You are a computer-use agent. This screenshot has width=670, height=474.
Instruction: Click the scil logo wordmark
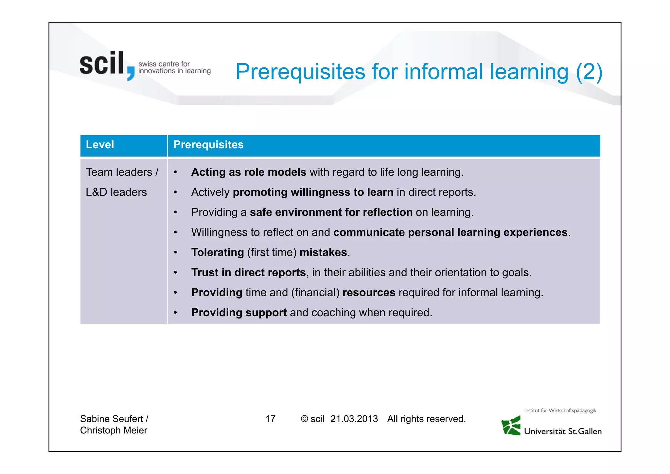click(x=102, y=64)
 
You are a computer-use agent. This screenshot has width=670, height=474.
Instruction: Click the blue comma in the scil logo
click(x=131, y=73)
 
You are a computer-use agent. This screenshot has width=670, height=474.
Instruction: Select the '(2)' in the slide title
click(x=589, y=72)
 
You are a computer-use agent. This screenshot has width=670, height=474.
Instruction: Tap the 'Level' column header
click(x=100, y=145)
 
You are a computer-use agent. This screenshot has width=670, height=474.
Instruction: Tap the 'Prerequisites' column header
click(x=208, y=145)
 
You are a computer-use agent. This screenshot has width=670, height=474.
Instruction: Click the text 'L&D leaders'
click(x=116, y=192)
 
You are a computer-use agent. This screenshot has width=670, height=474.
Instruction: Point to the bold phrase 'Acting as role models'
click(x=249, y=172)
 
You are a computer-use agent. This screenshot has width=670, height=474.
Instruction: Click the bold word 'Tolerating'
click(x=218, y=252)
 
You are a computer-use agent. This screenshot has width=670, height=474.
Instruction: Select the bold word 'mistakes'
click(x=323, y=252)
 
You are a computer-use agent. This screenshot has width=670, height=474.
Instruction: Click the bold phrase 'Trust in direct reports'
click(x=248, y=272)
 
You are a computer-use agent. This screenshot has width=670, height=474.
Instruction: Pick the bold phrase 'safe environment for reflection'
click(x=331, y=212)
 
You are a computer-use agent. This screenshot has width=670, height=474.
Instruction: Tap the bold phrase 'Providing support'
click(x=239, y=313)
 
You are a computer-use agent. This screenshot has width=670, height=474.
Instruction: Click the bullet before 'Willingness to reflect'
click(x=175, y=232)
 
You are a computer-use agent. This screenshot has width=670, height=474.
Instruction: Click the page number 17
click(x=270, y=419)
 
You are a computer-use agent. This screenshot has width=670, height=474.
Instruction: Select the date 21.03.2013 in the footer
click(x=354, y=419)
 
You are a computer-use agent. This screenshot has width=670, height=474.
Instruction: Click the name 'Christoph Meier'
click(x=114, y=430)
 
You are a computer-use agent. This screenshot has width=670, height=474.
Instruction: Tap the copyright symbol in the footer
click(x=304, y=419)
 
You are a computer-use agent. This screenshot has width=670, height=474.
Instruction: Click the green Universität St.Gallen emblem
click(x=511, y=426)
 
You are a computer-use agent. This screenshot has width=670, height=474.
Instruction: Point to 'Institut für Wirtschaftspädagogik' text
click(x=560, y=410)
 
